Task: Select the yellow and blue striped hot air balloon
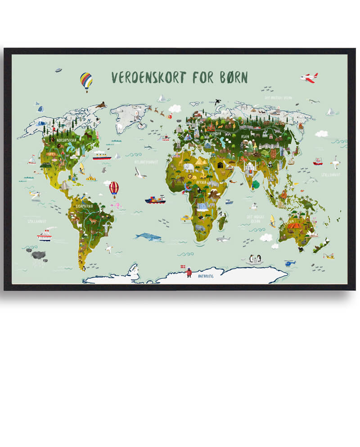[x=86, y=82]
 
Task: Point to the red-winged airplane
[x=309, y=77]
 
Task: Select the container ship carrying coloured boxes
[x=155, y=199]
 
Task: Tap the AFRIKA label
[x=201, y=182]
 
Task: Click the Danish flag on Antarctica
[x=182, y=267]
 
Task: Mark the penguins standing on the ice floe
[x=254, y=259]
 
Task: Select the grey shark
[x=223, y=239]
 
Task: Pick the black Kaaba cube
[x=220, y=165]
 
